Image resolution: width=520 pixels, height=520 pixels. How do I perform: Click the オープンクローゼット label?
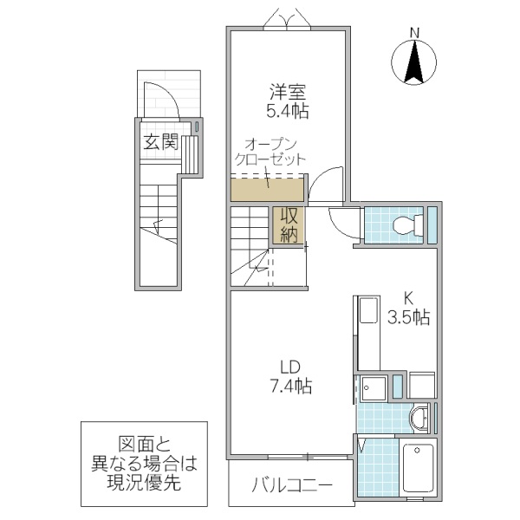271,153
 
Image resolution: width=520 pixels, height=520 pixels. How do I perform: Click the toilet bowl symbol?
404,226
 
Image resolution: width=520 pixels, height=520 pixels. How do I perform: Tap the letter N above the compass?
414,34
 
